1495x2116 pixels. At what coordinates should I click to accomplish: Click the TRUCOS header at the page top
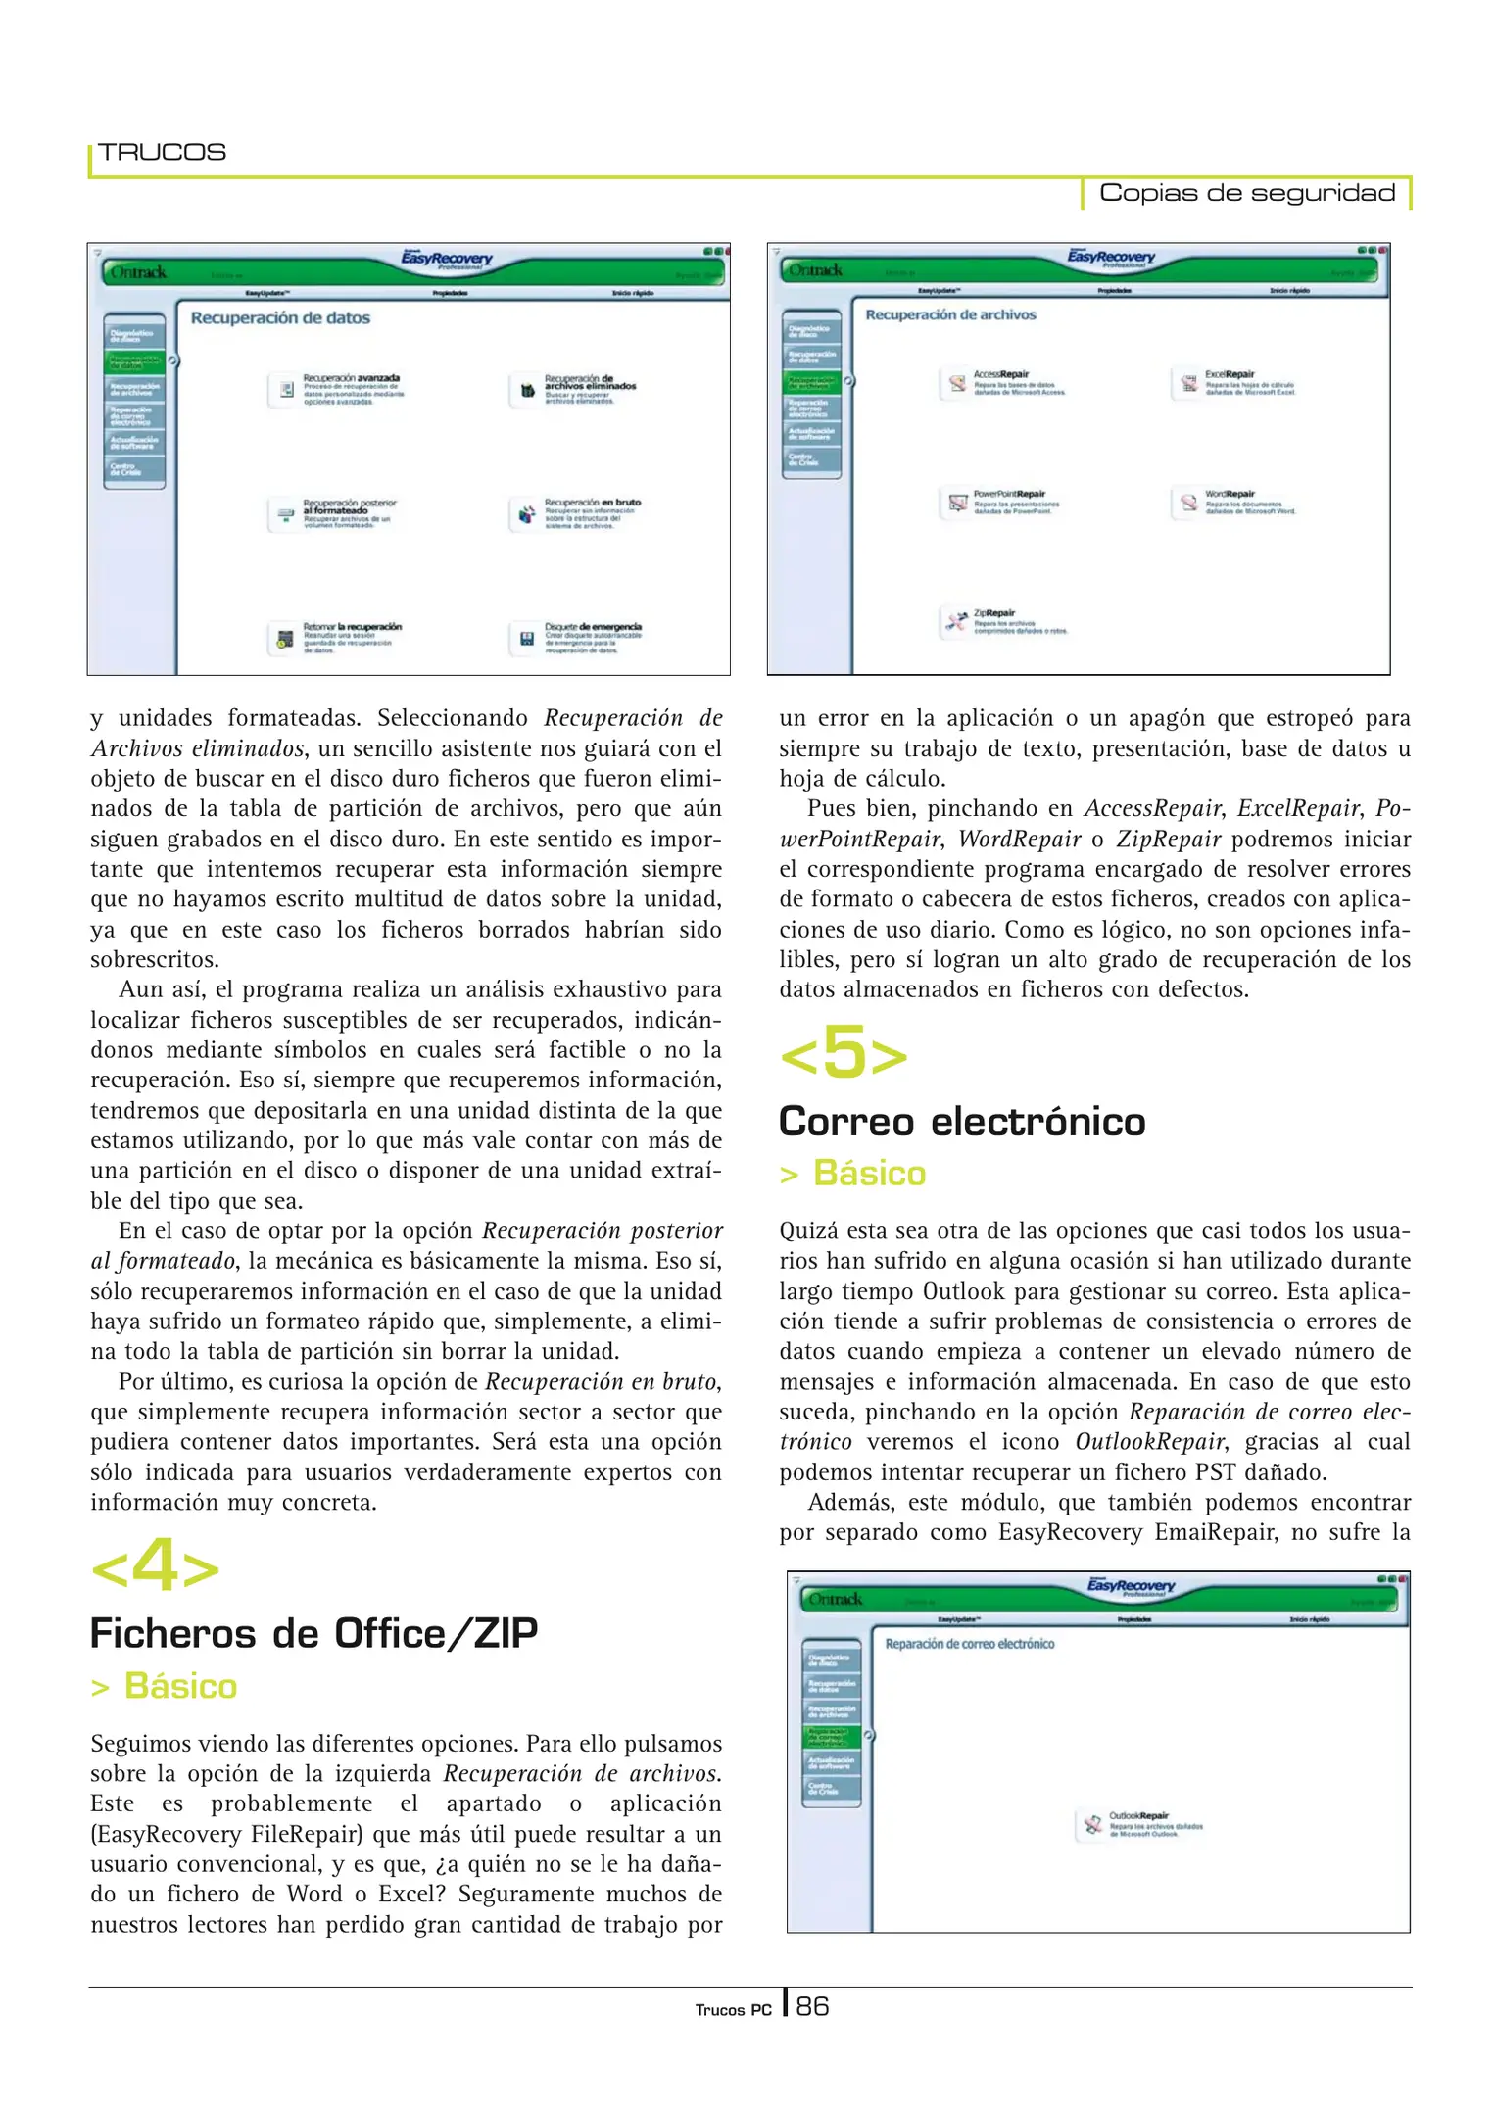[x=162, y=152]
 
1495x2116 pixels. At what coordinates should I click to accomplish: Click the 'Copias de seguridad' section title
[x=1246, y=193]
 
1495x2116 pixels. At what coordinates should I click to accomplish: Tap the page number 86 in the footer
[x=812, y=2007]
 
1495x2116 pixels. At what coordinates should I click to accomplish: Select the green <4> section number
[x=155, y=1565]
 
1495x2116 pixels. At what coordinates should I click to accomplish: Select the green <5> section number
[x=844, y=1054]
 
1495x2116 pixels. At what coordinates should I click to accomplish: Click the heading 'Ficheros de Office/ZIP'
[x=313, y=1634]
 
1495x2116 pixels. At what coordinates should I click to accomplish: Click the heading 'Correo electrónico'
[x=961, y=1122]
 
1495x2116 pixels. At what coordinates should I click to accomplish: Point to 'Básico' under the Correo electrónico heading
[x=869, y=1174]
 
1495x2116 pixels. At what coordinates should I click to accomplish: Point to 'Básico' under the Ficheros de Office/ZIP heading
[x=180, y=1687]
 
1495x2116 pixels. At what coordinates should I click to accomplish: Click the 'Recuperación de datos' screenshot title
[x=280, y=318]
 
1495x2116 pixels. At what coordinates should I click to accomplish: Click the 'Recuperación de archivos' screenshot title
[x=950, y=315]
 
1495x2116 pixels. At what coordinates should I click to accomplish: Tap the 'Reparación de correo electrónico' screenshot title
[x=969, y=1644]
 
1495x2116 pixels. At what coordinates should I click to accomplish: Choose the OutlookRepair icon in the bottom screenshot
[x=1092, y=1825]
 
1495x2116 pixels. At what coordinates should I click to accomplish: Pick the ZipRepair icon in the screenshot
[x=956, y=621]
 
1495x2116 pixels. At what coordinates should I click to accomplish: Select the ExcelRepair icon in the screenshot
[x=1188, y=384]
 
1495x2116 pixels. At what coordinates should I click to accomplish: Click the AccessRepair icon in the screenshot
[x=956, y=384]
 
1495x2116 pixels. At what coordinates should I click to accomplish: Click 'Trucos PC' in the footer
[x=733, y=2010]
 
